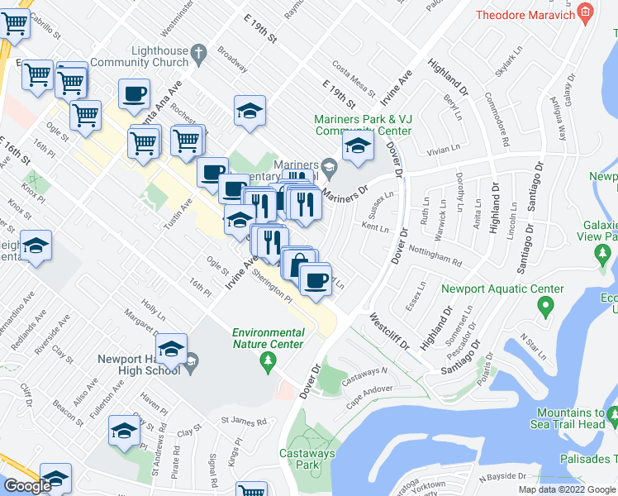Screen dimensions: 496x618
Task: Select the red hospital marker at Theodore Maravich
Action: click(585, 12)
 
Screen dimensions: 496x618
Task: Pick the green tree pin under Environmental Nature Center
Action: click(267, 360)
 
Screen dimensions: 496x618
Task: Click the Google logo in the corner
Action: click(27, 485)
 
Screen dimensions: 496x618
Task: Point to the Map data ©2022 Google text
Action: click(567, 489)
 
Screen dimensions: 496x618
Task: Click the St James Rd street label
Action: click(243, 421)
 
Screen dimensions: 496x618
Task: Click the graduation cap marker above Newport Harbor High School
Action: click(171, 349)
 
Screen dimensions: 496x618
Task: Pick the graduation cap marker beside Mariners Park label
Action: click(356, 147)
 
